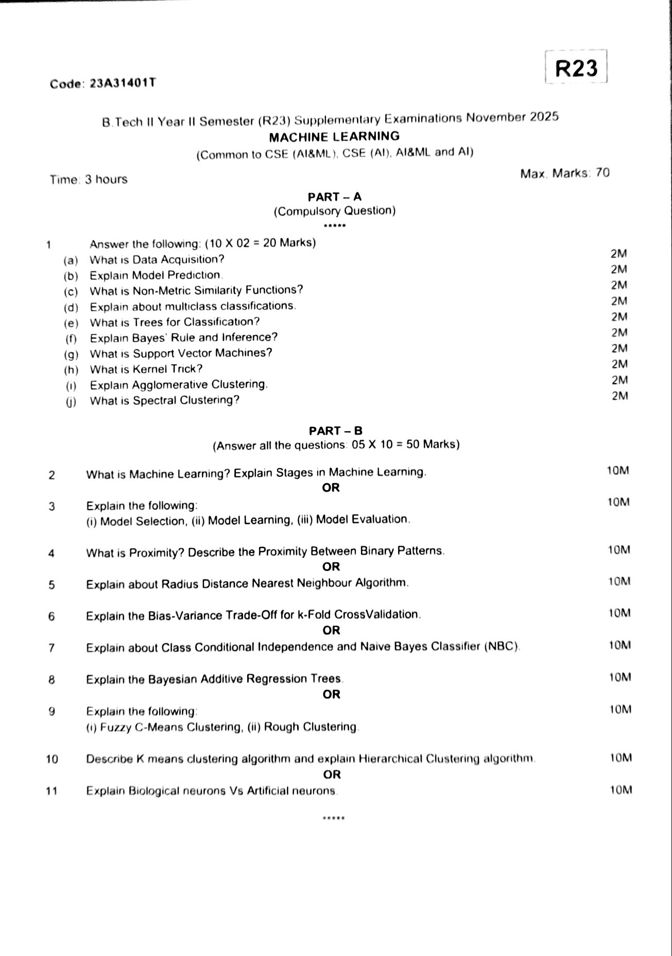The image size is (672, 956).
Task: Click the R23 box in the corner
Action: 576,68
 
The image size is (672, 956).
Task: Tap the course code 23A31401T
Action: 123,83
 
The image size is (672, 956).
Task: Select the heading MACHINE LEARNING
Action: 334,137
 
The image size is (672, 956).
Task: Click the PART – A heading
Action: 335,197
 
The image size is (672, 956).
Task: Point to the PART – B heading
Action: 336,430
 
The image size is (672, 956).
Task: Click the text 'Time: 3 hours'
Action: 89,180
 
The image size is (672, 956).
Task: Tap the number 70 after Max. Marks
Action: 602,173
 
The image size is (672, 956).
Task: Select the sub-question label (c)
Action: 71,292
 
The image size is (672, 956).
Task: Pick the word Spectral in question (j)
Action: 156,401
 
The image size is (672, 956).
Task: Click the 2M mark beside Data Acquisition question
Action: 618,253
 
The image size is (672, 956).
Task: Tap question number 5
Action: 51,585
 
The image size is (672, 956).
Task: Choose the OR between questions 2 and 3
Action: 331,488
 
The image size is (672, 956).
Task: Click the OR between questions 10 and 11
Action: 332,774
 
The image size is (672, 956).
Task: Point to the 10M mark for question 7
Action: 619,645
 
